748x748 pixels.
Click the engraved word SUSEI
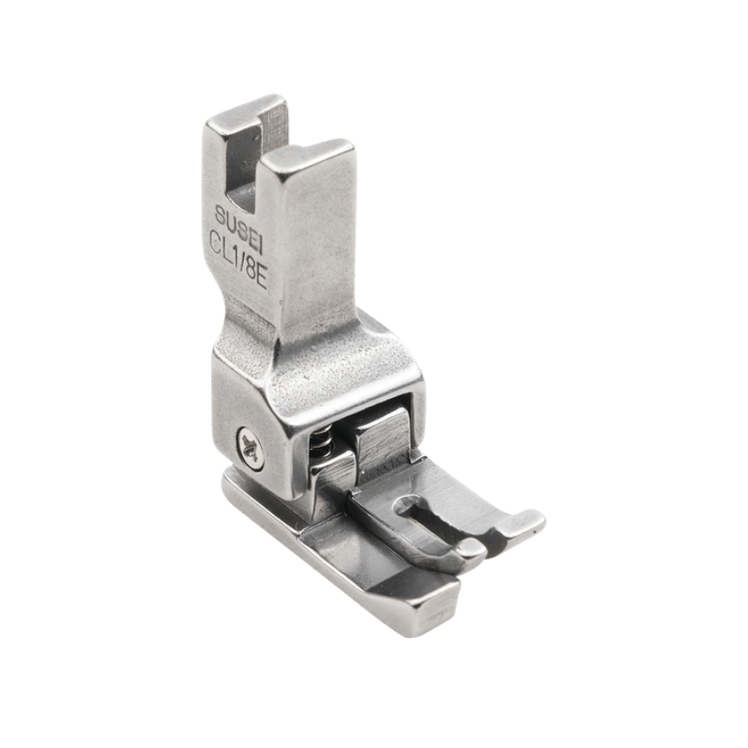click(239, 217)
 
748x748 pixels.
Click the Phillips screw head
click(251, 447)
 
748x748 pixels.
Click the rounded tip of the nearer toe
click(466, 558)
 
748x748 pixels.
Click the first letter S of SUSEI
click(221, 210)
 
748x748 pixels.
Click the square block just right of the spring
click(381, 438)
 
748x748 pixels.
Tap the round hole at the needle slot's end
click(406, 510)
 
